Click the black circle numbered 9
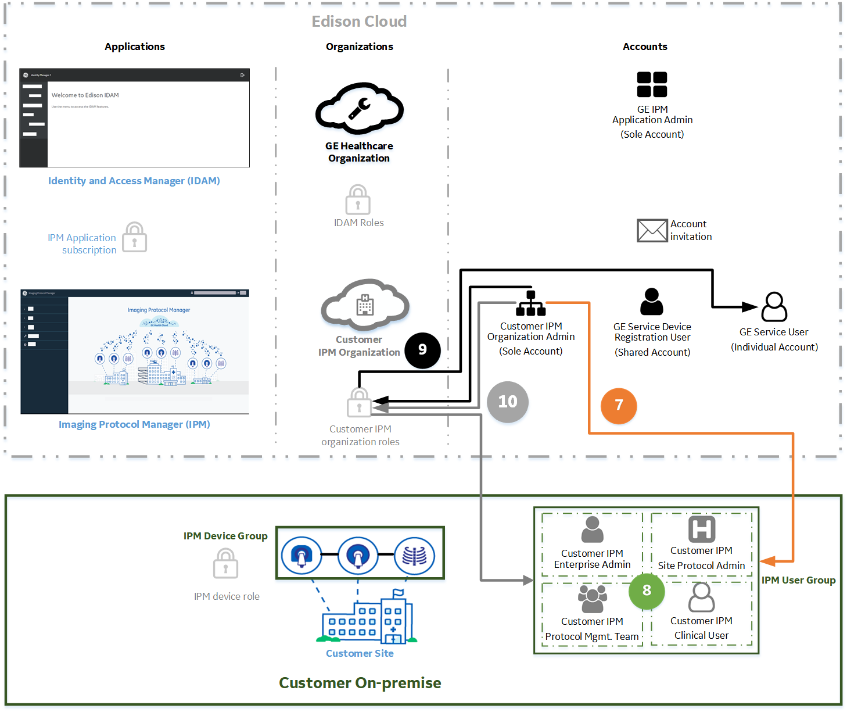click(x=422, y=350)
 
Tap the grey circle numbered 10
click(x=508, y=402)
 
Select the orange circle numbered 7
click(x=619, y=406)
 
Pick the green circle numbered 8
click(x=647, y=591)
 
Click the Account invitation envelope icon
click(x=652, y=231)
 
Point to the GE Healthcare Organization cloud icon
click(x=359, y=109)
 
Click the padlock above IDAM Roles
click(x=358, y=200)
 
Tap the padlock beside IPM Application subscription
click(x=135, y=238)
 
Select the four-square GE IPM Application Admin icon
click(x=652, y=84)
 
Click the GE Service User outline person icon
click(x=774, y=307)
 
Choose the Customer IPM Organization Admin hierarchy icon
click(x=530, y=303)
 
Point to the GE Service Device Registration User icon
click(x=652, y=302)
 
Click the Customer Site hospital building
click(x=367, y=621)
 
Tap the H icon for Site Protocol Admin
click(x=701, y=529)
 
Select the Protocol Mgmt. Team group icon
click(x=592, y=599)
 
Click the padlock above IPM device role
click(x=225, y=564)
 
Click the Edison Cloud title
click(x=359, y=22)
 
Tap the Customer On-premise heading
click(x=360, y=683)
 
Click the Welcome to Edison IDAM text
click(x=85, y=95)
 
